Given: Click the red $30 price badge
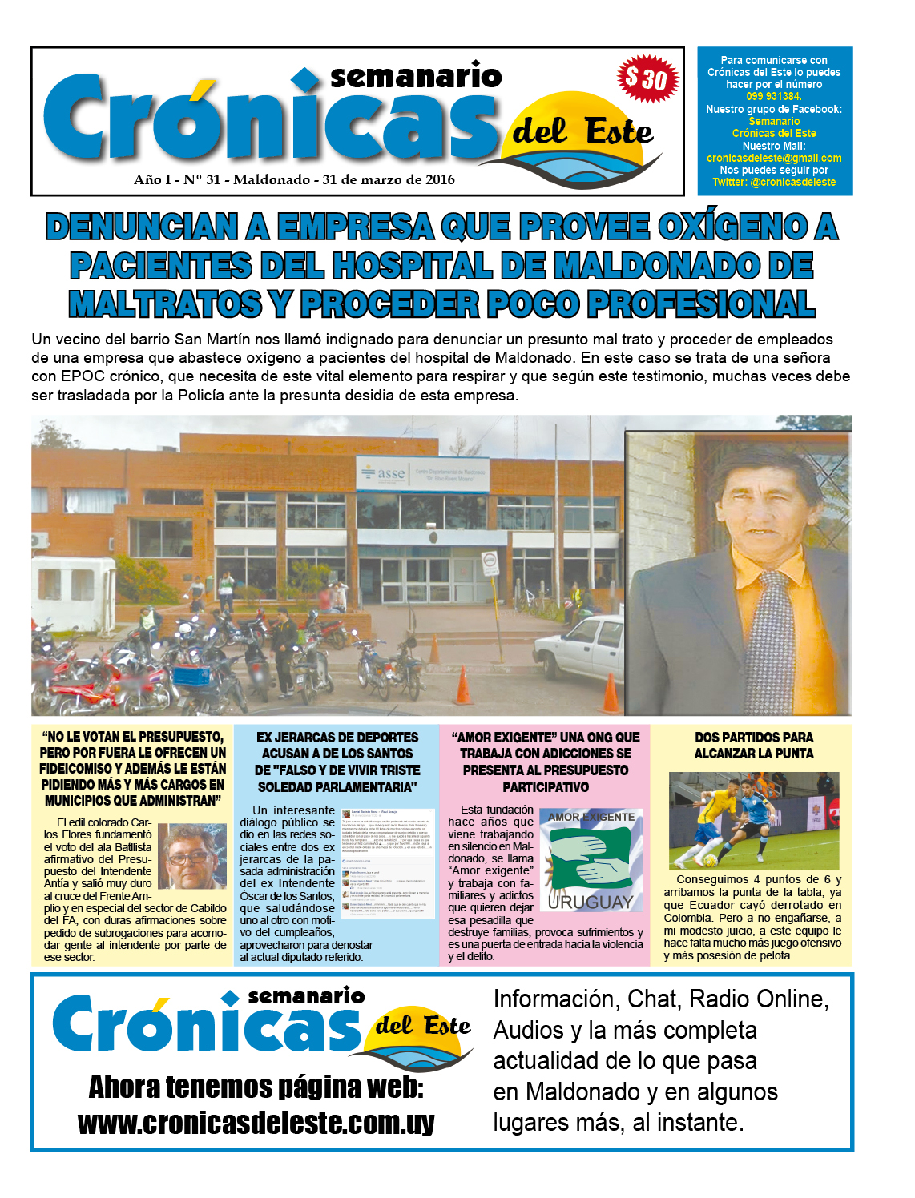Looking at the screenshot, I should click(648, 78).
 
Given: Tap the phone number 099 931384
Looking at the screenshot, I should click(773, 96).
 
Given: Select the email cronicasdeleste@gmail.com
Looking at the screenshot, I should click(774, 158).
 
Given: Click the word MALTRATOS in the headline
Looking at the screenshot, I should click(165, 304).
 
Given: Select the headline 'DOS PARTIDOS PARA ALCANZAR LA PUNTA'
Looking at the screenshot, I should click(753, 745).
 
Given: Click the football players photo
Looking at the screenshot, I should click(753, 820).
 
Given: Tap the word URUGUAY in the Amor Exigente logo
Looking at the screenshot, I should click(591, 903).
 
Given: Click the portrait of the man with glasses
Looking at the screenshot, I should click(191, 856).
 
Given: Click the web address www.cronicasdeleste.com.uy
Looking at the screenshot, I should click(256, 1123).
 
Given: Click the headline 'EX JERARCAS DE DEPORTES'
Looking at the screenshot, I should click(337, 737).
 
